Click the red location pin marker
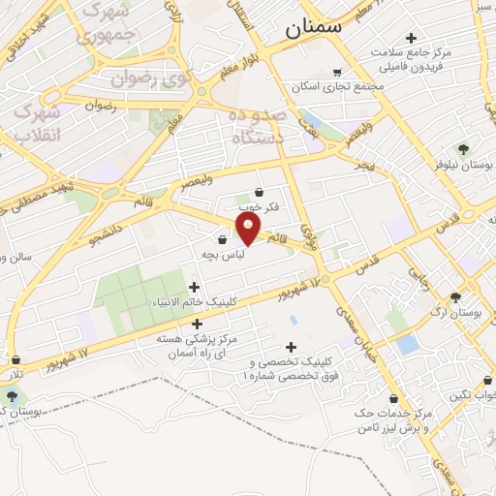[x=249, y=229]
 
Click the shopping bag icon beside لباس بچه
[x=223, y=239]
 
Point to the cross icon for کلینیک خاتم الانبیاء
[x=195, y=287]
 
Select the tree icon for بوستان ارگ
[x=455, y=297]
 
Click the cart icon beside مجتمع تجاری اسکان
[x=337, y=72]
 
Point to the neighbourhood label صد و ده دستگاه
[x=259, y=128]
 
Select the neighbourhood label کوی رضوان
[x=144, y=77]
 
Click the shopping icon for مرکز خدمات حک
[x=393, y=398]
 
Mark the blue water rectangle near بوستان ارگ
[x=408, y=344]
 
